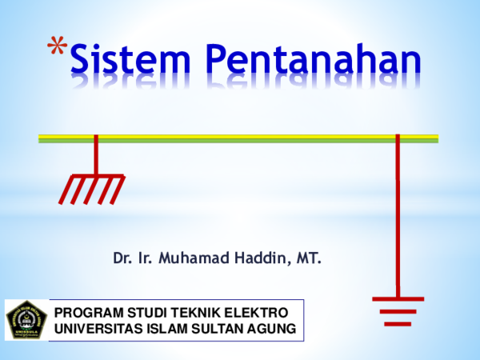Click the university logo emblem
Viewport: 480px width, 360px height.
(26, 320)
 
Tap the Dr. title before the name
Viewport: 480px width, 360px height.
(122, 258)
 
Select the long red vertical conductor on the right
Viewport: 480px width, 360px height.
(398, 216)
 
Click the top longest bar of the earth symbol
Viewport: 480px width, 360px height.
(398, 298)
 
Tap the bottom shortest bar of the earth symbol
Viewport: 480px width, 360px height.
(398, 323)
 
